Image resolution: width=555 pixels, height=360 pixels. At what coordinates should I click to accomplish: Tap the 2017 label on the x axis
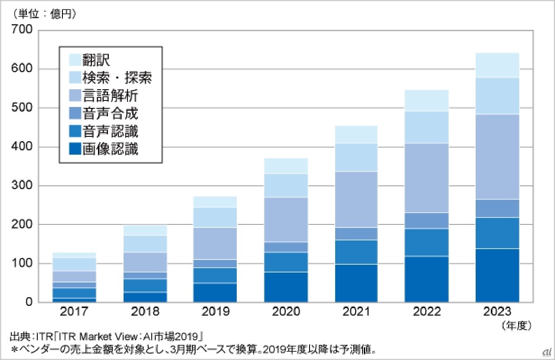(x=74, y=311)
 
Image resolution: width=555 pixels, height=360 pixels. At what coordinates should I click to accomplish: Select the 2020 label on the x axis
(x=286, y=311)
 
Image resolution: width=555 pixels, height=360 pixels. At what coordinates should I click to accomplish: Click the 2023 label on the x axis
(x=497, y=311)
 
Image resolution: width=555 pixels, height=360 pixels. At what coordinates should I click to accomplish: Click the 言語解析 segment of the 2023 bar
(x=497, y=157)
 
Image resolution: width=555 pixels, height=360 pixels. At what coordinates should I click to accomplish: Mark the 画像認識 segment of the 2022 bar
(x=427, y=279)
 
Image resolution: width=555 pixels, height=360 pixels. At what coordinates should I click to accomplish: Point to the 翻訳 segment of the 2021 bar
(x=356, y=134)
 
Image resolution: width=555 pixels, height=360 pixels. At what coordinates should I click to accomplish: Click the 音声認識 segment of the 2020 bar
(x=286, y=262)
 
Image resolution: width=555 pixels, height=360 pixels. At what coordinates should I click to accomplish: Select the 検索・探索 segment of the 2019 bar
(x=215, y=217)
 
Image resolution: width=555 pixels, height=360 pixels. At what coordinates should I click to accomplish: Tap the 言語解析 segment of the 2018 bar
(x=145, y=262)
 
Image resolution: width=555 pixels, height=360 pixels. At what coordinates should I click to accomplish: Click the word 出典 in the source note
(x=19, y=336)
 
